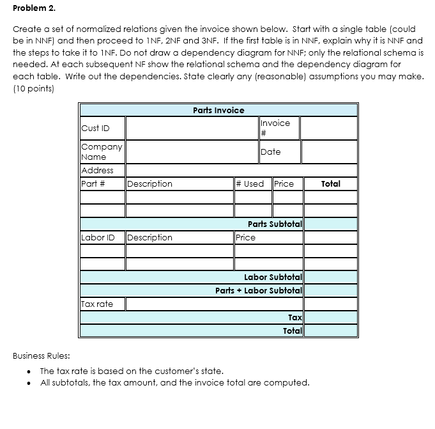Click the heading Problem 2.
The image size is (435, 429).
point(34,9)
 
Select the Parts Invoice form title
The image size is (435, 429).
point(218,110)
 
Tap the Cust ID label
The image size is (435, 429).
point(95,128)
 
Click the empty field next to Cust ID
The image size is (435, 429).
point(191,128)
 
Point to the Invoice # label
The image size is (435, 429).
point(275,127)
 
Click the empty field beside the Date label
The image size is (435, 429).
point(328,152)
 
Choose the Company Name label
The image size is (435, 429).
point(102,152)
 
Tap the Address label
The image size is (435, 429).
point(98,170)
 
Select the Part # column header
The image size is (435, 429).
point(93,183)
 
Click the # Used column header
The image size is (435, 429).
point(250,183)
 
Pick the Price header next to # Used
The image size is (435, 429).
point(284,183)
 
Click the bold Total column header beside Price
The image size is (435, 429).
point(330,183)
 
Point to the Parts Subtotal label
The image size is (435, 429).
point(275,224)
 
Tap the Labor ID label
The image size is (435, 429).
point(98,237)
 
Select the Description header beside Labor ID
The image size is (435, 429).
point(150,237)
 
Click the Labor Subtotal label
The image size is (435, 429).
point(273,277)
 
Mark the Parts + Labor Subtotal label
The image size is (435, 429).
point(258,290)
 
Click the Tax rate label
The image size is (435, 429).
point(97,304)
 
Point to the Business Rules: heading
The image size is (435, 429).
point(42,355)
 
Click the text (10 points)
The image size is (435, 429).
point(33,89)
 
